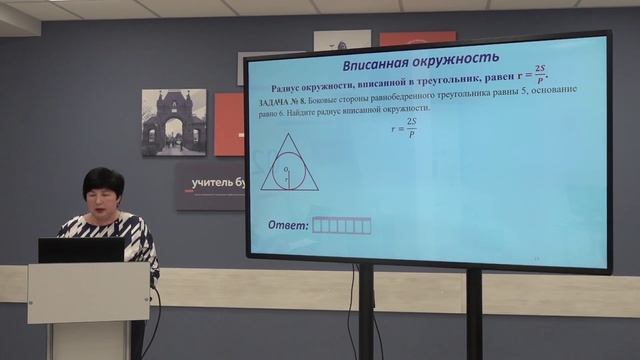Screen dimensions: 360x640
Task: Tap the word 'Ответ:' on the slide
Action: [x=288, y=224]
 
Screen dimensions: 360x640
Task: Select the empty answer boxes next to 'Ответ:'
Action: [x=341, y=226]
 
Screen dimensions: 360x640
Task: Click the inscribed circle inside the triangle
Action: [x=288, y=170]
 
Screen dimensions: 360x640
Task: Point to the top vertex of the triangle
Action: [x=288, y=134]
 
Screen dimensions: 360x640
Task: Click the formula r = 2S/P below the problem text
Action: [x=403, y=130]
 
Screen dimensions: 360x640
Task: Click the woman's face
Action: [x=103, y=196]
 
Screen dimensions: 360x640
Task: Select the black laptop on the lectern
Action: [x=81, y=250]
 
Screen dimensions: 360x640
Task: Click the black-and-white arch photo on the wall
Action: [x=173, y=122]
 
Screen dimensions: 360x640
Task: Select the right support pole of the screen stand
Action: [x=473, y=314]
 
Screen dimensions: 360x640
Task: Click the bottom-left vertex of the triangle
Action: [x=261, y=190]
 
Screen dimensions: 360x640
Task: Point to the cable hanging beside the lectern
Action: [x=153, y=320]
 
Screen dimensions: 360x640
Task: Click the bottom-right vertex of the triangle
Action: [x=318, y=190]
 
